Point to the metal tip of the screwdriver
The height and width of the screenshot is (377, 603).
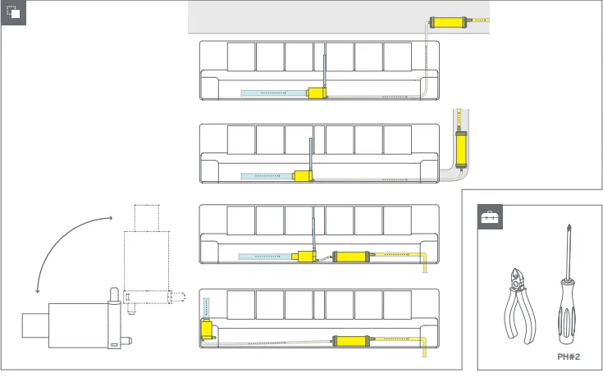[565, 246]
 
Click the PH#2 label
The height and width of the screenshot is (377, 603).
[568, 357]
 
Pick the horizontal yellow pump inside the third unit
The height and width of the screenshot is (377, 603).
[350, 257]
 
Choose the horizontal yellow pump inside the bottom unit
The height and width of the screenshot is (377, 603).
[350, 339]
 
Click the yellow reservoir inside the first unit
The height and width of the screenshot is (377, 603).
[317, 93]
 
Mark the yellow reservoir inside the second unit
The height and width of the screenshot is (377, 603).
[304, 175]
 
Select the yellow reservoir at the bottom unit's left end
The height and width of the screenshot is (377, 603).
[207, 330]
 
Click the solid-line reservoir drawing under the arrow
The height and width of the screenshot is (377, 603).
[78, 320]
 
